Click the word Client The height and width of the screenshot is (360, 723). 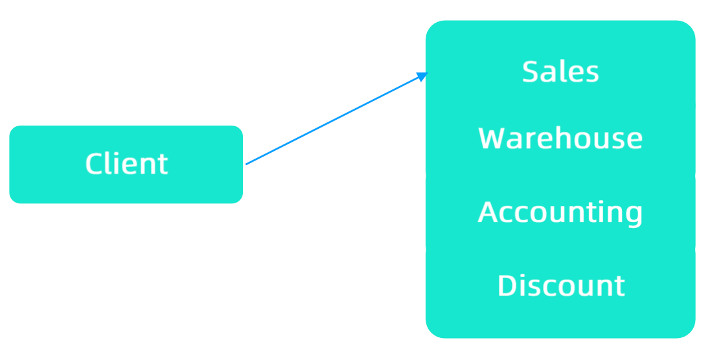click(x=126, y=164)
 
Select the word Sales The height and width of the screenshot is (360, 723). click(x=560, y=71)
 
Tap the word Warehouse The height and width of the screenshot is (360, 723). click(x=560, y=139)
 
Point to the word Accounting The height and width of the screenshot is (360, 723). click(x=560, y=212)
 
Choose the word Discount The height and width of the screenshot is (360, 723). click(x=561, y=286)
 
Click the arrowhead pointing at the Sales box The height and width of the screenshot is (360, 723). click(x=422, y=76)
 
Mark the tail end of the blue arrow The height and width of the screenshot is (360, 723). click(x=247, y=164)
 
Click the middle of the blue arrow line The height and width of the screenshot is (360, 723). click(x=336, y=119)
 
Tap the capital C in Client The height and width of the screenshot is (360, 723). click(x=95, y=164)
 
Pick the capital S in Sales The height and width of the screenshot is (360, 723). click(x=531, y=71)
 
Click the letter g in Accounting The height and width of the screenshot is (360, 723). click(x=633, y=215)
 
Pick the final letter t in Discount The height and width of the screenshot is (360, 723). click(x=619, y=286)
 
